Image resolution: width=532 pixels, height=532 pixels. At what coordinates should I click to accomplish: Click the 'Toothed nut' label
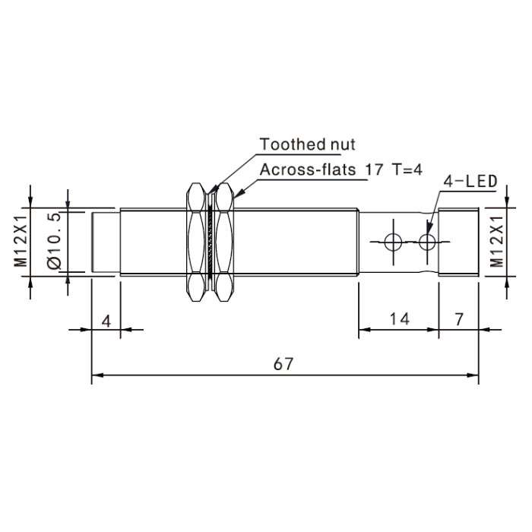pyautogui.click(x=307, y=144)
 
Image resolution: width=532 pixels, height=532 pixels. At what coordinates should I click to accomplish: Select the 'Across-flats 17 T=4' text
pyautogui.click(x=341, y=169)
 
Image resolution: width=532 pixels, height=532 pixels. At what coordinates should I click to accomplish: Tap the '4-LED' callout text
pyautogui.click(x=470, y=182)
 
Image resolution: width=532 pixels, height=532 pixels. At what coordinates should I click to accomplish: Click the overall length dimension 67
pyautogui.click(x=283, y=364)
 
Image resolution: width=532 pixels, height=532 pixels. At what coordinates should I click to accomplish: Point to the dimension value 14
pyautogui.click(x=399, y=319)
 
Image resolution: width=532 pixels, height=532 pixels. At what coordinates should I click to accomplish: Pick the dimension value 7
pyautogui.click(x=459, y=319)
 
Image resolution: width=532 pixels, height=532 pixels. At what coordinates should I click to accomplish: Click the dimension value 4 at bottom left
pyautogui.click(x=106, y=321)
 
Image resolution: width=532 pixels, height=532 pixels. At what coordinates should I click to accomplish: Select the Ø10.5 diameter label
pyautogui.click(x=55, y=241)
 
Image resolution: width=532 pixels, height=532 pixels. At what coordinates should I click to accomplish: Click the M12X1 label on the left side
pyautogui.click(x=21, y=241)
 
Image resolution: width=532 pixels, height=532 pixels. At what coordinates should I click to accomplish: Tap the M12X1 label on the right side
pyautogui.click(x=497, y=242)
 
